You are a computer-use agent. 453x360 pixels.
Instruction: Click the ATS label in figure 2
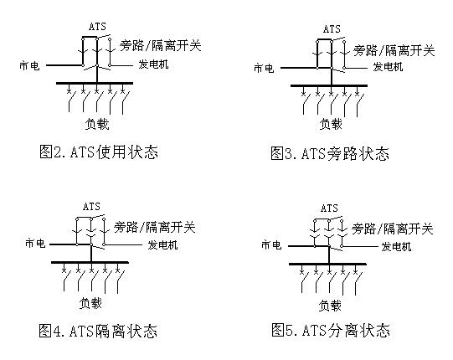(x=98, y=27)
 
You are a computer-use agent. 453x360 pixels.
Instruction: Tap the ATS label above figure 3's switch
(x=332, y=29)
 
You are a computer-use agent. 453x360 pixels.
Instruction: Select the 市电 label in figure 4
(x=35, y=244)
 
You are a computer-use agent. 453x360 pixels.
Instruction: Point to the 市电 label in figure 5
(x=271, y=245)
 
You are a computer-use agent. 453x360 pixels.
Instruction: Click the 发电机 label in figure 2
(x=153, y=64)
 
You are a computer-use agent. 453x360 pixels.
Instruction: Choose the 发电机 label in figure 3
(x=388, y=67)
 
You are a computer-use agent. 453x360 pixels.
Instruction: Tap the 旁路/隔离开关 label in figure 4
(x=155, y=228)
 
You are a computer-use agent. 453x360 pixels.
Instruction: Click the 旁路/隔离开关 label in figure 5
(x=393, y=229)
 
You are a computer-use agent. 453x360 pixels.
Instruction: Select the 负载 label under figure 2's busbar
(x=97, y=124)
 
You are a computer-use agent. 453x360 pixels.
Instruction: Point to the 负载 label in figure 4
(x=90, y=303)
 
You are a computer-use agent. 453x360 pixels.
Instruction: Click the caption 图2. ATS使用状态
(x=99, y=152)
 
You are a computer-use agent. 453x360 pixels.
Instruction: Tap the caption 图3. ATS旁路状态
(x=330, y=153)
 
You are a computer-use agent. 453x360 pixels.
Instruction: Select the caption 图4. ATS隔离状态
(x=98, y=331)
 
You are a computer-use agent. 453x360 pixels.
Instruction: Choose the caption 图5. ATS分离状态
(x=331, y=330)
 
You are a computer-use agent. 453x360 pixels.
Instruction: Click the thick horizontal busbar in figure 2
(x=95, y=83)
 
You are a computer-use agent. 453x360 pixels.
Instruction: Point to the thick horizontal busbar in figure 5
(x=327, y=264)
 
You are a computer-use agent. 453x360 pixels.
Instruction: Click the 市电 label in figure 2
(x=29, y=65)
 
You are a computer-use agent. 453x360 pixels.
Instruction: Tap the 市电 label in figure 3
(x=264, y=68)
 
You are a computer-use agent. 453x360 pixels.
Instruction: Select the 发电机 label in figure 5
(x=396, y=247)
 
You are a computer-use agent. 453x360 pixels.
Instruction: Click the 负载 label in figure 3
(x=331, y=124)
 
